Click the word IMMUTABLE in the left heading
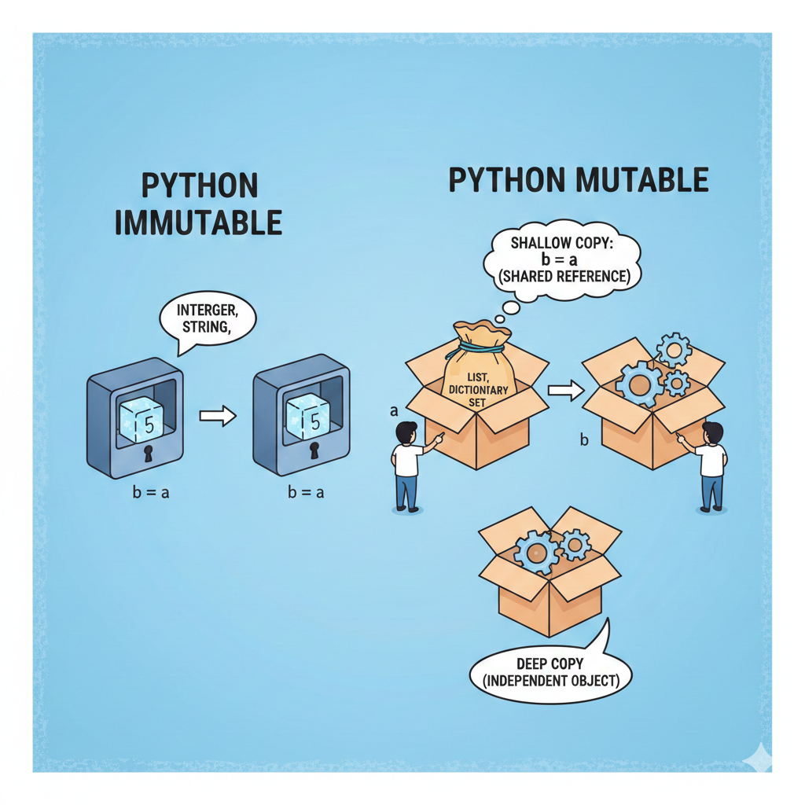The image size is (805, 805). point(198,222)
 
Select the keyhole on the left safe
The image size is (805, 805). point(149,454)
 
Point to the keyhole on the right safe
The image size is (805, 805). point(314,450)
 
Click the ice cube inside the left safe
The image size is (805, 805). point(142,420)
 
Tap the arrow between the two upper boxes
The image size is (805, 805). point(566,391)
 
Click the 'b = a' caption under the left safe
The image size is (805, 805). point(151,493)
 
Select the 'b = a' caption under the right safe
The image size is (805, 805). point(306,493)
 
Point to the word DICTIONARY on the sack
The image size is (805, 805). point(479,390)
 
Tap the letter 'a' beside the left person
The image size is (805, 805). point(395,411)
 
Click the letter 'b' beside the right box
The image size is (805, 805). point(584,440)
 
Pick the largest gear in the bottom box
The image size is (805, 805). point(536,553)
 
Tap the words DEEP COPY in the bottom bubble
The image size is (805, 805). point(550,663)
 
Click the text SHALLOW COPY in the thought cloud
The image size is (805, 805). point(562,242)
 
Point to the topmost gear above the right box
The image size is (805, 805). point(674,350)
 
